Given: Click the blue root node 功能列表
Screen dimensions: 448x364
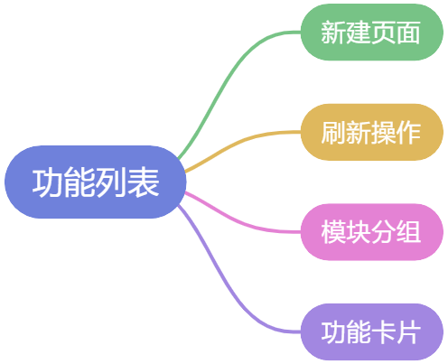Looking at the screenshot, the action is [96, 182].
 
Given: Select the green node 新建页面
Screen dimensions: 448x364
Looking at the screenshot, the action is [372, 33].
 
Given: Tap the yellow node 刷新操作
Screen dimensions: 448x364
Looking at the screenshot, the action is [372, 132].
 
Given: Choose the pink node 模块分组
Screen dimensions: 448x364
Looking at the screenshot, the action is [372, 232].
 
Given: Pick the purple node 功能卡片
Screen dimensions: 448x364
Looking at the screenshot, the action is [372, 331].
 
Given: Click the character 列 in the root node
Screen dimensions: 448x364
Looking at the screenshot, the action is [111, 182].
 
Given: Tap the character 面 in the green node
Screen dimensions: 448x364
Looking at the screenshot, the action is [408, 33].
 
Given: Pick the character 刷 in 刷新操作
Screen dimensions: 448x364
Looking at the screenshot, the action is [334, 133].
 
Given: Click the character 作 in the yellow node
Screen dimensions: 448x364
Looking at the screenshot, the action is [408, 133].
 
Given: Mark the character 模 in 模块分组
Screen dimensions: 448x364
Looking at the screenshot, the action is [334, 232].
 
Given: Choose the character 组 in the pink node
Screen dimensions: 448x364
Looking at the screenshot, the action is [408, 232].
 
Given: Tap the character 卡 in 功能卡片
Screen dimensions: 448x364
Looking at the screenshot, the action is [384, 332].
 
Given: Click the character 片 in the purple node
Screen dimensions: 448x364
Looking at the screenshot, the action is [408, 332].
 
